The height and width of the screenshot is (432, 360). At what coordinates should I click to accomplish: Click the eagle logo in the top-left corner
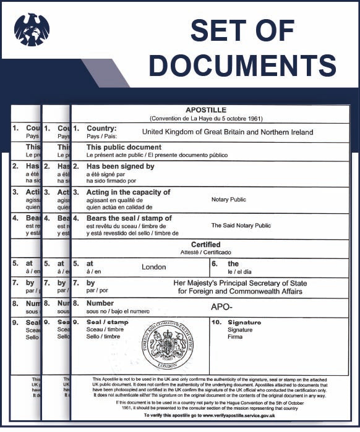tap(32, 29)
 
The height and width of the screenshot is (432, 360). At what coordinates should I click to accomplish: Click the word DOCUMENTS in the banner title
tap(242, 65)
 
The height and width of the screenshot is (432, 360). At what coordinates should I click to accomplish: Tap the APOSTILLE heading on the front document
tap(210, 110)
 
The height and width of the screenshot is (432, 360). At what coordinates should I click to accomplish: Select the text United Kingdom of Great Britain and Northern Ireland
tap(228, 132)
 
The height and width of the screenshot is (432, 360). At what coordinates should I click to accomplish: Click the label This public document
tap(124, 148)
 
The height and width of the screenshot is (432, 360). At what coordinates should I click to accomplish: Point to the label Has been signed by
tap(120, 166)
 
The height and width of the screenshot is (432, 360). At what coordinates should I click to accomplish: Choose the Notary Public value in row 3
tap(228, 200)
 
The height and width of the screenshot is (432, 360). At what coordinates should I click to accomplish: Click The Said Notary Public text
tap(241, 226)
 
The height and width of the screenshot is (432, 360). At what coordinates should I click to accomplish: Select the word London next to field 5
tap(154, 267)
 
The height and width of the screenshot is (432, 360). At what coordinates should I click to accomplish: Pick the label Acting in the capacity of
tap(128, 192)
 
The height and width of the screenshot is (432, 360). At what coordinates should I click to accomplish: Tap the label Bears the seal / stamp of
tap(129, 218)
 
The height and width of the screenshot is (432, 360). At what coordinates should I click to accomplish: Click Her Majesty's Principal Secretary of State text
tap(241, 283)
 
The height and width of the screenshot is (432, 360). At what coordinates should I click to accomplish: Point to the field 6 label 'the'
tap(233, 263)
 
